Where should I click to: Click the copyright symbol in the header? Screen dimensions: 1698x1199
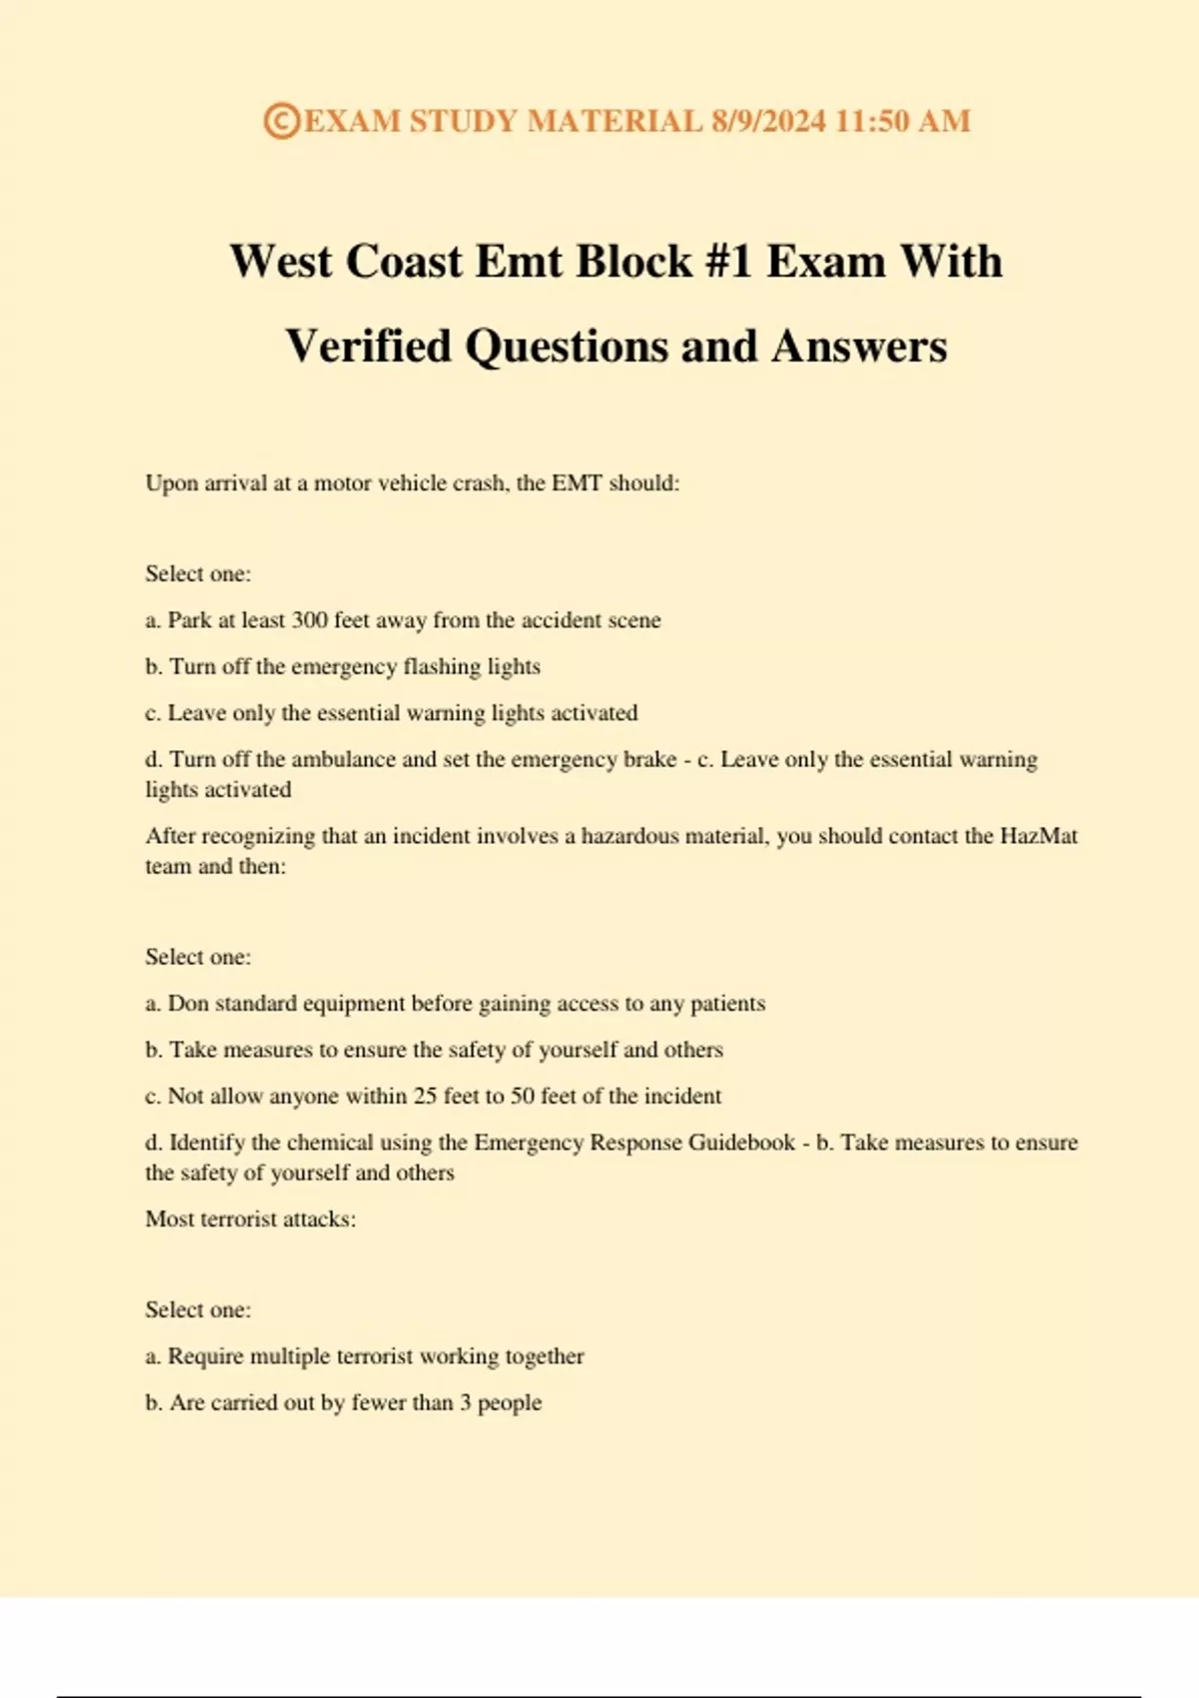coord(281,121)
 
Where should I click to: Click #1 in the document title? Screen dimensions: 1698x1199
coord(728,262)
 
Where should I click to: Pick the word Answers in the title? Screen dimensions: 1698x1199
coord(858,347)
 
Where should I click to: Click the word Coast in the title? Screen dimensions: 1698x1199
coord(405,262)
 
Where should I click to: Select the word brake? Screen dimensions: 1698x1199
coord(649,759)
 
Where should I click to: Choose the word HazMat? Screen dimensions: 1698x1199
coord(1038,836)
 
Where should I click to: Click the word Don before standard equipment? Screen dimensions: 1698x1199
coord(188,1004)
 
